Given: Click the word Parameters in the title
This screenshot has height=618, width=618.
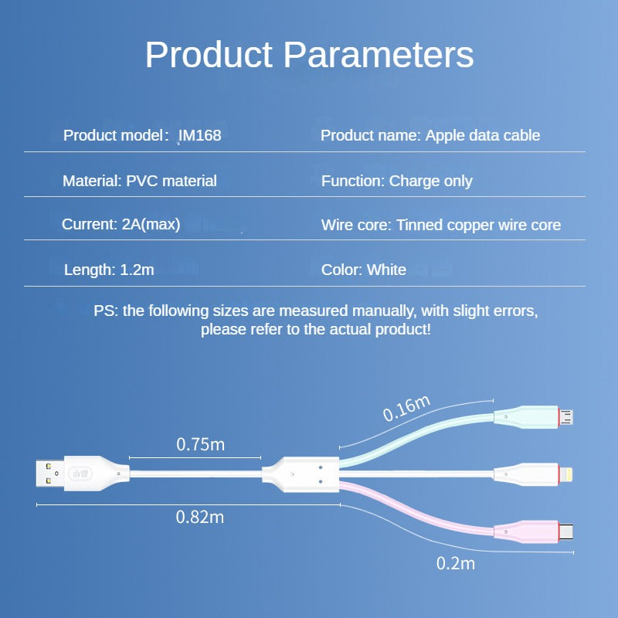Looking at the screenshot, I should tap(378, 56).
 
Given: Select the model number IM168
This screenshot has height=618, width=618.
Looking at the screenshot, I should tap(199, 136).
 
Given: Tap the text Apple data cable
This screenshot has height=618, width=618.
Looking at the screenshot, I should tap(483, 136).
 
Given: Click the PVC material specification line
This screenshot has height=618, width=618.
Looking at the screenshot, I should tap(140, 181).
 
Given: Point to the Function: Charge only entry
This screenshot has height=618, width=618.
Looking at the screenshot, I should tap(396, 181).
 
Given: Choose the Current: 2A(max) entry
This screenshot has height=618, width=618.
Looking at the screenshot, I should tap(121, 225).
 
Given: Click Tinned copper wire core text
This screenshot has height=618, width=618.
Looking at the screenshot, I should tap(479, 226).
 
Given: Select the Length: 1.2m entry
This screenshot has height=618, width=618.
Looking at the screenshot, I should tap(110, 270).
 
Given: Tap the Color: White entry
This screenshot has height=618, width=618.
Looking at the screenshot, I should tap(363, 270).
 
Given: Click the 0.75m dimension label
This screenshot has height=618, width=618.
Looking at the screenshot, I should tap(201, 444).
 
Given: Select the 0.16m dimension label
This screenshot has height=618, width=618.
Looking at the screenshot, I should tap(406, 409).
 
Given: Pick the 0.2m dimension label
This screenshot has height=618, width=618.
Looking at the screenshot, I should tap(456, 563).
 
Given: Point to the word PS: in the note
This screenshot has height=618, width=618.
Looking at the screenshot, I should tap(107, 311).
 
